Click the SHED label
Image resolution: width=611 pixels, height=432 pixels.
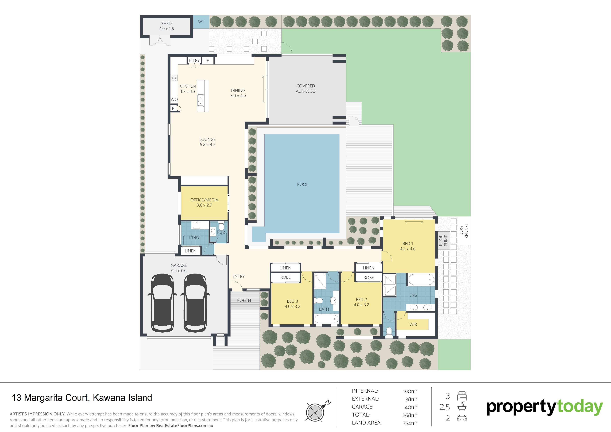166,23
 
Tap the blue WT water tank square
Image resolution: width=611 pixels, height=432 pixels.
201,22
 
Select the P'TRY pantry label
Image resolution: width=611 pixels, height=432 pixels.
194,61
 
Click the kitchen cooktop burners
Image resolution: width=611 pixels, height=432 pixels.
174,78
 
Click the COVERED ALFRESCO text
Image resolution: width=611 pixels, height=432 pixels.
305,89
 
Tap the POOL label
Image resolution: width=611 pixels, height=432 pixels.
303,184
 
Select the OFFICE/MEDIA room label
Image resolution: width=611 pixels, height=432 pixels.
204,200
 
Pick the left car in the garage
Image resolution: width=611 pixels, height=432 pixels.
162,303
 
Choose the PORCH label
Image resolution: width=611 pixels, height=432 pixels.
244,300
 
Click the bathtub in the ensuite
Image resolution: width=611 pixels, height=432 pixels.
421,280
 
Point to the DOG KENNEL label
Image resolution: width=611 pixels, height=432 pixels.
464,231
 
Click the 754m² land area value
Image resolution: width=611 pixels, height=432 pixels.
410,423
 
